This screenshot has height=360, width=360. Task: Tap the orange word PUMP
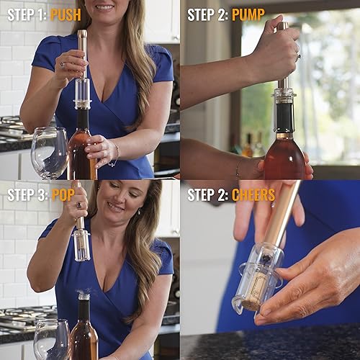point(248,14)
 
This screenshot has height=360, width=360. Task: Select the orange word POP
point(63,194)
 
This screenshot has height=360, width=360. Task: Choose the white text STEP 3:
point(27,194)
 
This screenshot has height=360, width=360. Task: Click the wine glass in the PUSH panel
point(48,153)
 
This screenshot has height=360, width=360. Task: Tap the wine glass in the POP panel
point(50,338)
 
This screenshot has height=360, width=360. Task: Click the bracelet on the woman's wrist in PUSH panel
point(115,153)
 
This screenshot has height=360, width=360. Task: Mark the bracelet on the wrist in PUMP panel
point(238,168)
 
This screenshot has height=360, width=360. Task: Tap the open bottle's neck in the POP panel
point(84,310)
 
